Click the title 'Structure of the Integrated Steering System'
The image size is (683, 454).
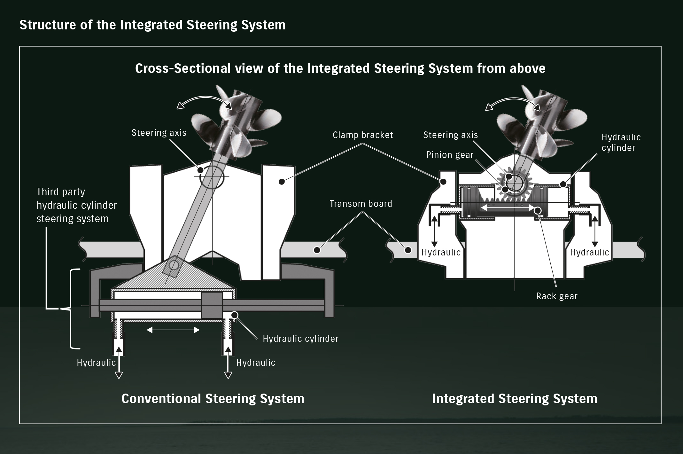pyautogui.click(x=152, y=25)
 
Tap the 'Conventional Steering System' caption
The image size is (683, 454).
pyautogui.click(x=213, y=399)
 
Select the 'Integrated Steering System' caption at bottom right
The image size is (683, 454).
pyautogui.click(x=514, y=399)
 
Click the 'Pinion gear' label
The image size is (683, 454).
pyautogui.click(x=450, y=155)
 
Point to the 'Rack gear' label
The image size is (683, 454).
pyautogui.click(x=557, y=296)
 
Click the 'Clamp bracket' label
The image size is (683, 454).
pyautogui.click(x=363, y=135)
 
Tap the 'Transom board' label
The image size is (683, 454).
pyautogui.click(x=361, y=204)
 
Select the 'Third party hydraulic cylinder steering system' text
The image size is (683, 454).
pyautogui.click(x=76, y=205)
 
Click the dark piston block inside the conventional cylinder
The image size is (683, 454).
pyautogui.click(x=212, y=305)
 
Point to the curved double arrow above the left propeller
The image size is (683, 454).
pyautogui.click(x=205, y=101)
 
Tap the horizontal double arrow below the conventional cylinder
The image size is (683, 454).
pyautogui.click(x=173, y=330)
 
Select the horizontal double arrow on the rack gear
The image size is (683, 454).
pyautogui.click(x=508, y=207)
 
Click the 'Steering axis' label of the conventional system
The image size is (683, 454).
pyautogui.click(x=159, y=133)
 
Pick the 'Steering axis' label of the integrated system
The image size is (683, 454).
pyautogui.click(x=450, y=135)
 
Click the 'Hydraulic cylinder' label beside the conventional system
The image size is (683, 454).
pyautogui.click(x=300, y=339)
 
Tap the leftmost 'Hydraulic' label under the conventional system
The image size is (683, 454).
pyautogui.click(x=96, y=363)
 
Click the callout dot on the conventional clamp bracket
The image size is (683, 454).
pyautogui.click(x=282, y=182)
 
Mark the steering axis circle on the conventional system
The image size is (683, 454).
pyautogui.click(x=212, y=176)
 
